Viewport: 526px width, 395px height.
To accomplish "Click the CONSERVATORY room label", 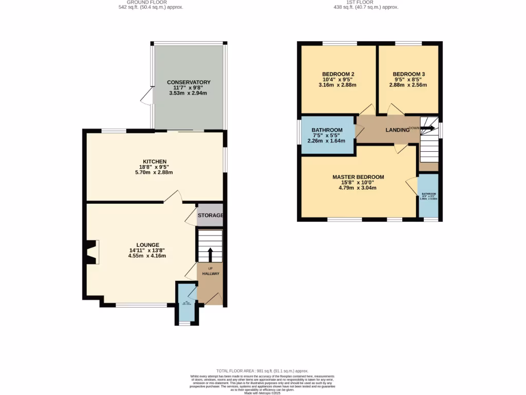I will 189,82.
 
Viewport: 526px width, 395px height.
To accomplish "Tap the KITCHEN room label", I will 155,161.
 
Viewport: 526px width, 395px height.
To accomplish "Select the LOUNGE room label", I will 147,245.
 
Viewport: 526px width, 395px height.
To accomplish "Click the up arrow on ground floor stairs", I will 210,254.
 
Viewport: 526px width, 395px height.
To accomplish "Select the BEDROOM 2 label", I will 337,74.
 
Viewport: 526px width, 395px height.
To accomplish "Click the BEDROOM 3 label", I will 408,74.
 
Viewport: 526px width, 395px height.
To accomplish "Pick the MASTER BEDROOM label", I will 358,177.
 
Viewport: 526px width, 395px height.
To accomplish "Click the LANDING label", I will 397,130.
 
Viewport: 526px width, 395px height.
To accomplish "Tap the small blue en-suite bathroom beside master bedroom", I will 428,196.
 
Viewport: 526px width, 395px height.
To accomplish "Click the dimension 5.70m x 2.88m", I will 155,173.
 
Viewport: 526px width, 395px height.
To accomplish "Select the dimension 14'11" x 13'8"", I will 147,250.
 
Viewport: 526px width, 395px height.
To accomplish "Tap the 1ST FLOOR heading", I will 359,2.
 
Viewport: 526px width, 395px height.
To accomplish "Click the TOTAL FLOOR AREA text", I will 262,371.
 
